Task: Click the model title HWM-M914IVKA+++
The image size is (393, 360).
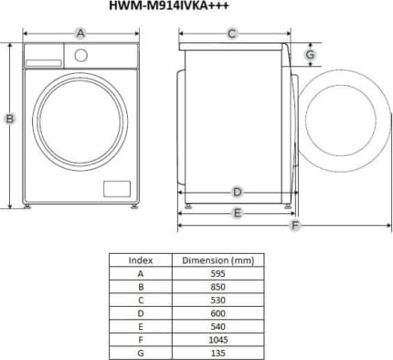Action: pyautogui.click(x=169, y=5)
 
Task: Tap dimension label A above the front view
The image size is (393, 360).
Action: pyautogui.click(x=80, y=33)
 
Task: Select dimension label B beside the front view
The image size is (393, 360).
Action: pyautogui.click(x=10, y=119)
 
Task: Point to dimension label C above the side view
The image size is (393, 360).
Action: pyautogui.click(x=232, y=33)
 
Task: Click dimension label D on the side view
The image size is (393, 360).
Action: pyautogui.click(x=238, y=192)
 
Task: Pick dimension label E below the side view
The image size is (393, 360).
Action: pyautogui.click(x=238, y=213)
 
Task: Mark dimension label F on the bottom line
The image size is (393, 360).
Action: pyautogui.click(x=294, y=226)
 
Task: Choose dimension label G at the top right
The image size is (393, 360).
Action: pyautogui.click(x=310, y=55)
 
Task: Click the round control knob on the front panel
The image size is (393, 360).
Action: pyautogui.click(x=81, y=56)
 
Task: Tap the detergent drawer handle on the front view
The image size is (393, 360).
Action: pyautogui.click(x=44, y=63)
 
